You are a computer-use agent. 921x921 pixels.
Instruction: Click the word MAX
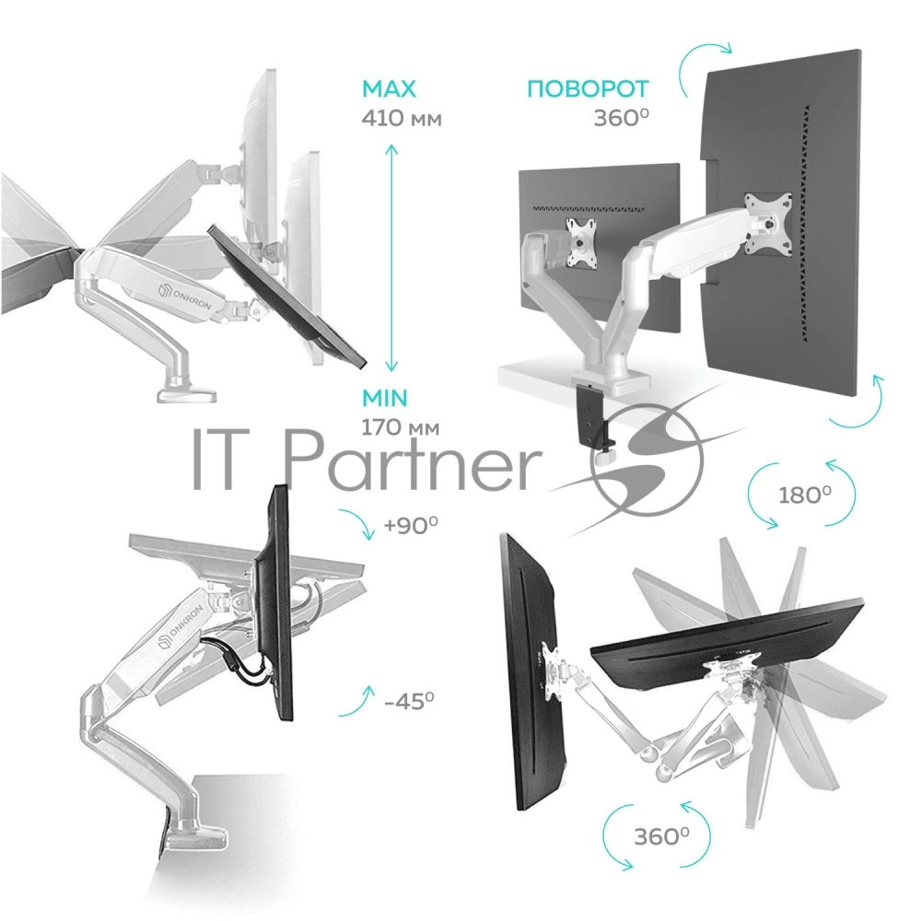[389, 88]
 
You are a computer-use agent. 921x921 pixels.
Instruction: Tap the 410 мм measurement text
[402, 119]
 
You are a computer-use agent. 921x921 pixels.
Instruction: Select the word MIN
[385, 398]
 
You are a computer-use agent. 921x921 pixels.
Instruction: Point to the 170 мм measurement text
[400, 427]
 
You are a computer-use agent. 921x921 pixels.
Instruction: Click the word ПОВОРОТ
[588, 88]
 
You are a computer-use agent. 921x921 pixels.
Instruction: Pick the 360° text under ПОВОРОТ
[622, 118]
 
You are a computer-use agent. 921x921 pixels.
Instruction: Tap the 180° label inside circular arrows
[805, 495]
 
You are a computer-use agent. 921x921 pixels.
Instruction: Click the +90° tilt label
[411, 525]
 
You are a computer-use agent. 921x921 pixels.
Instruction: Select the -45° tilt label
[410, 700]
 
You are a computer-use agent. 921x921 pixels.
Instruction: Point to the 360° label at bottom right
[662, 836]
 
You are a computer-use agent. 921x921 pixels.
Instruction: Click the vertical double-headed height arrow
[391, 259]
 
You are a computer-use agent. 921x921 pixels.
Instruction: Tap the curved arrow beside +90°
[358, 523]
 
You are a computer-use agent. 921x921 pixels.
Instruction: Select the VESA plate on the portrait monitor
[768, 223]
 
